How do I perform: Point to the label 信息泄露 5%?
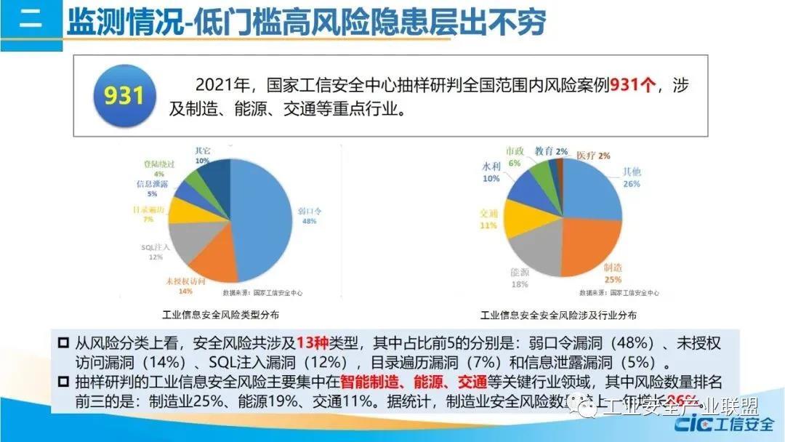[x=151, y=189]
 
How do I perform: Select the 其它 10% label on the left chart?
[x=202, y=155]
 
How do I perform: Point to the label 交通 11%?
[x=488, y=219]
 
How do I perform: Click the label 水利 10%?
[x=491, y=172]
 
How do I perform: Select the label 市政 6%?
[x=515, y=156]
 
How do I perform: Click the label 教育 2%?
[x=551, y=151]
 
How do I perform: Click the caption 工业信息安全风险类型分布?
[x=221, y=316]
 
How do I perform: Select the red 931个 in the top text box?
[x=632, y=85]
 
